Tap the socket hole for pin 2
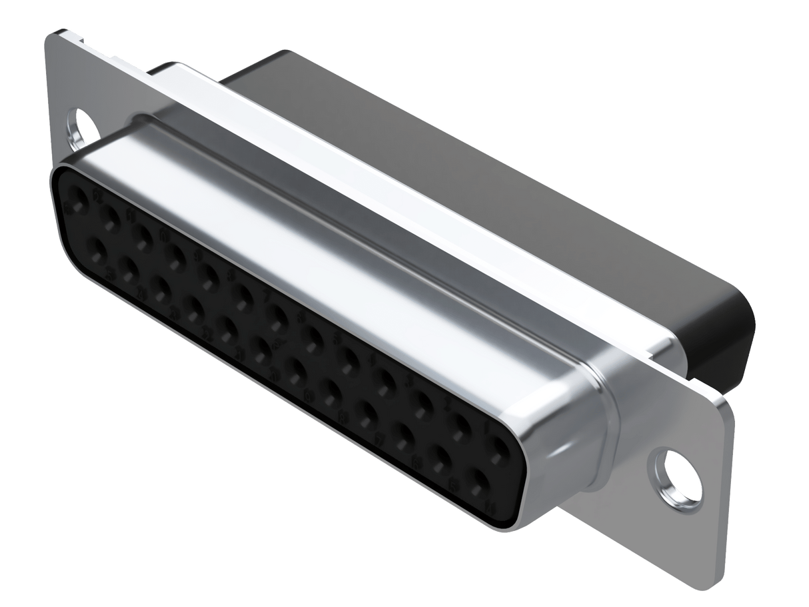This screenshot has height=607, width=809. (460, 431)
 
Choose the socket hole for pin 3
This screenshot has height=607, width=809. (423, 409)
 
